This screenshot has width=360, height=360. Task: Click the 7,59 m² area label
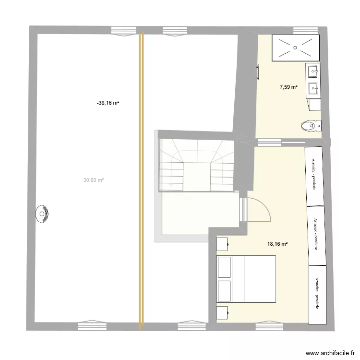pyautogui.click(x=288, y=87)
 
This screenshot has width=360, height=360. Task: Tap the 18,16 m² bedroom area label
pyautogui.click(x=277, y=244)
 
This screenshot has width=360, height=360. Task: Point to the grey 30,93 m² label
pyautogui.click(x=94, y=180)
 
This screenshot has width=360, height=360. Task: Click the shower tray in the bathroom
pyautogui.click(x=295, y=48)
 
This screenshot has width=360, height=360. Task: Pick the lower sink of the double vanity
pyautogui.click(x=313, y=88)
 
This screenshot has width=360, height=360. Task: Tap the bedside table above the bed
pyautogui.click(x=222, y=244)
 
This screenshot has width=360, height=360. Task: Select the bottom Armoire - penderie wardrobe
pyautogui.click(x=317, y=295)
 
